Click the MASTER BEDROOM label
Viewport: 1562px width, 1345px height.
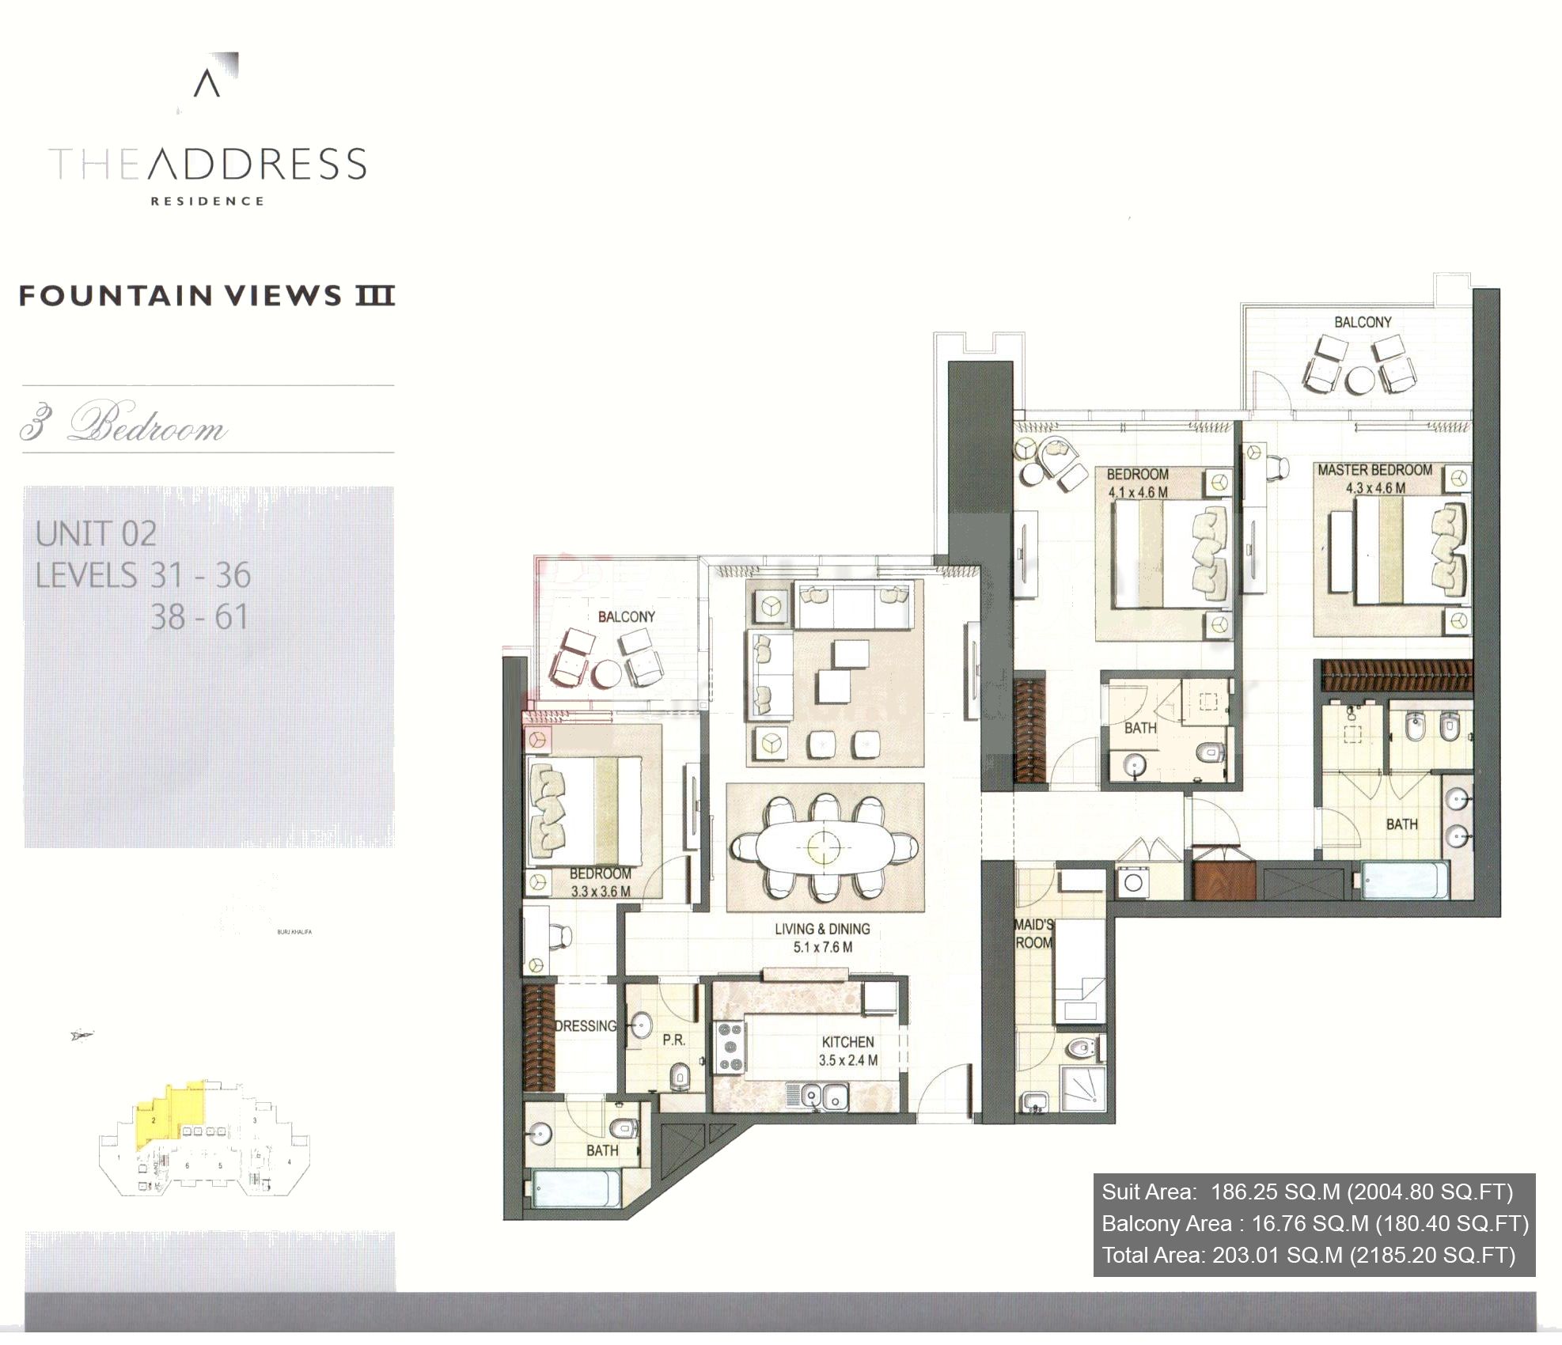click(1374, 470)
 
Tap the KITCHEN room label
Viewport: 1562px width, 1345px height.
click(847, 1042)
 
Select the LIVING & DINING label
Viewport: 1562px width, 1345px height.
click(822, 929)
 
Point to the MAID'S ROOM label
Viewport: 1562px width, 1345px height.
click(1033, 934)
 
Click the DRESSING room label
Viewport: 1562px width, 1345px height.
click(585, 1025)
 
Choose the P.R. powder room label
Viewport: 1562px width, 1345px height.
click(673, 1040)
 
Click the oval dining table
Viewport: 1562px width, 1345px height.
click(825, 848)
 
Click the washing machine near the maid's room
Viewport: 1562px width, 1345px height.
click(1132, 882)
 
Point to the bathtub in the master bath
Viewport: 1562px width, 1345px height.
click(1405, 880)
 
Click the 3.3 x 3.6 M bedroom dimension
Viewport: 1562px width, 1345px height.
click(601, 892)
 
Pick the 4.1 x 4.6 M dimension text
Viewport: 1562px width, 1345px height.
click(1137, 492)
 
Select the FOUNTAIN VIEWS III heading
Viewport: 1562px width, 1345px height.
click(207, 296)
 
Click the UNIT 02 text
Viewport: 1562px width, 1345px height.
click(96, 534)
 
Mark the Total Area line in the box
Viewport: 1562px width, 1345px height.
click(1308, 1255)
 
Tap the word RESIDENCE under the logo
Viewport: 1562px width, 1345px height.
click(207, 201)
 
